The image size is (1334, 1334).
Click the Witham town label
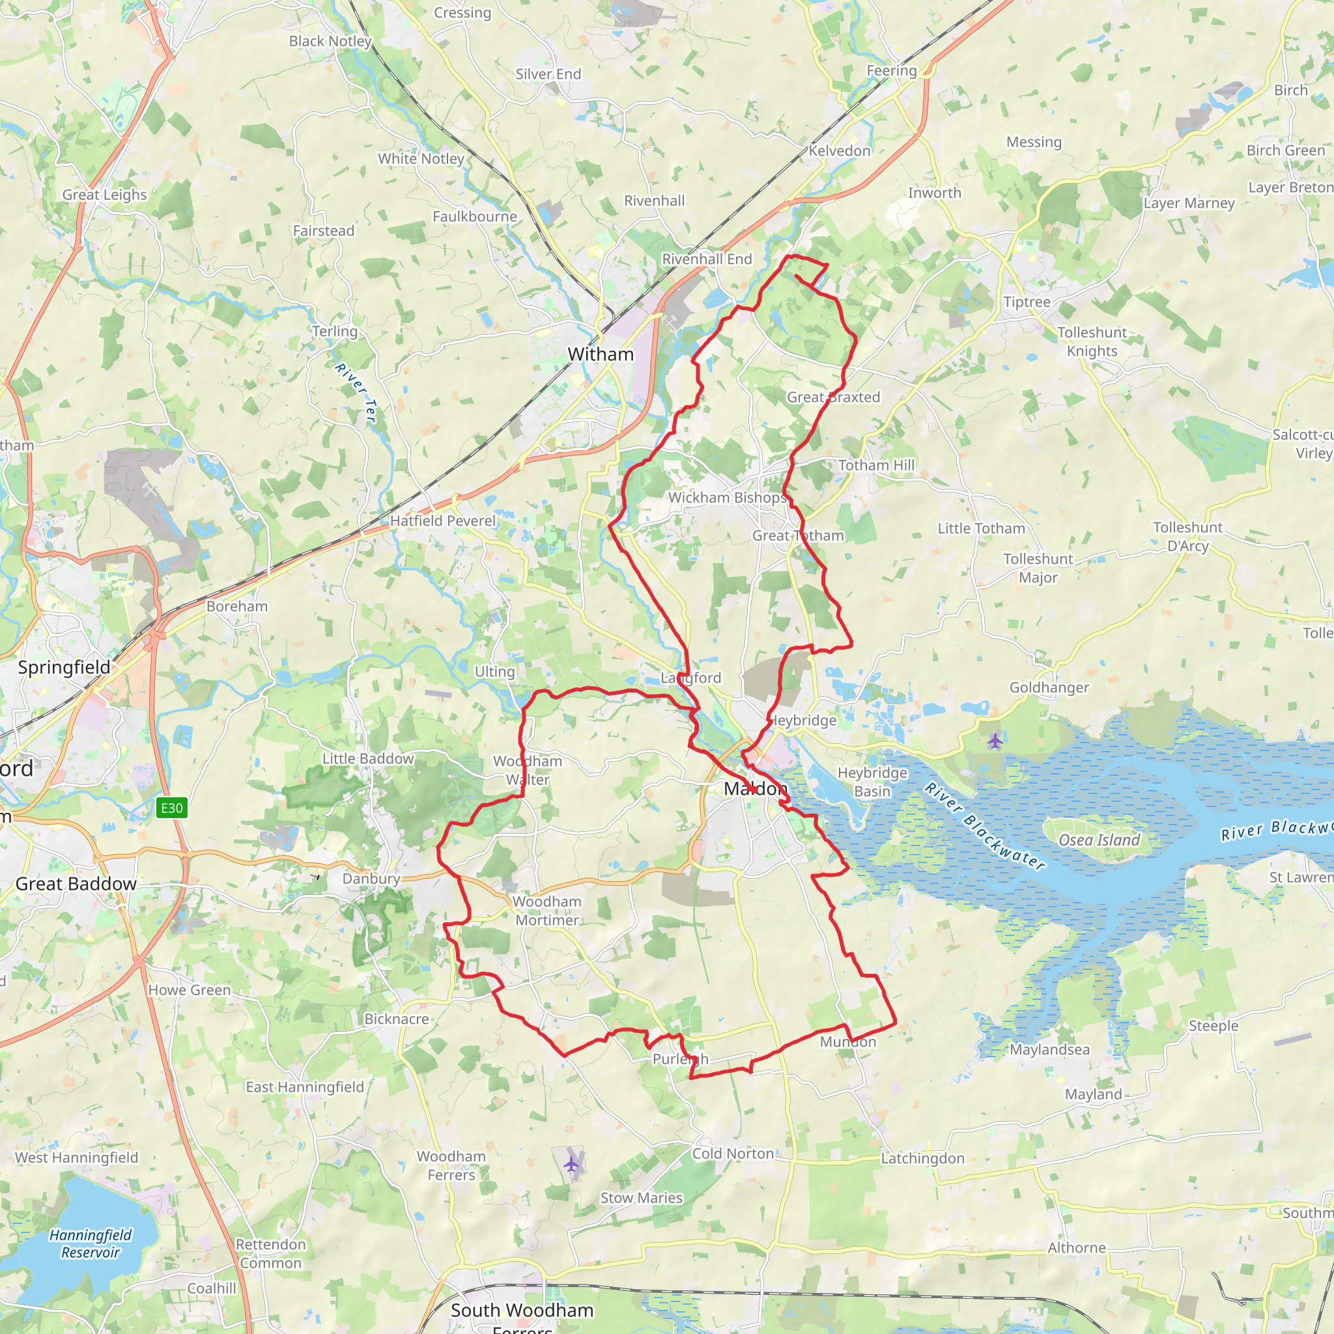coord(600,354)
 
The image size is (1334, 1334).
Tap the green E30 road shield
coord(171,808)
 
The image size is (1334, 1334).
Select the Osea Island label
coord(1100,840)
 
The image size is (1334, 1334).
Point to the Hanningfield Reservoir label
coord(90,1243)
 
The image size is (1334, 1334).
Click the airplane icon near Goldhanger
coord(994,741)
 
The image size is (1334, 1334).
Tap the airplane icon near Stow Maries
coord(571,1165)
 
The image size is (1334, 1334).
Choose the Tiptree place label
coord(1027,302)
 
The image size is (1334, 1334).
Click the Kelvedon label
coord(840,150)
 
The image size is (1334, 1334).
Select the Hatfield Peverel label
coord(442,520)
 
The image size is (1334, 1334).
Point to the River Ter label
coord(356,392)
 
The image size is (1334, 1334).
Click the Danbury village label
coord(371,879)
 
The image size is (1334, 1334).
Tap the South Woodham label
coord(522,1310)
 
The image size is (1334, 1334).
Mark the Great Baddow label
coord(76,884)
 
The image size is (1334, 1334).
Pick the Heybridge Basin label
coord(872,782)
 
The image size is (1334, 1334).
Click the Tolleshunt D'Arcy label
coord(1187,537)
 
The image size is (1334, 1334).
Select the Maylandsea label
coord(1049,1049)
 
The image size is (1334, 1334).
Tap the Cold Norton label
coord(733,1154)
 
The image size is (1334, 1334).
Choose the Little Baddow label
coord(368,758)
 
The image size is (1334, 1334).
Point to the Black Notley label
coord(330,42)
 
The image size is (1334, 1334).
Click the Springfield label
coord(64,667)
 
